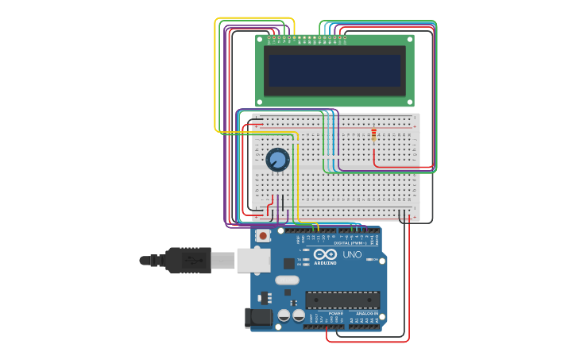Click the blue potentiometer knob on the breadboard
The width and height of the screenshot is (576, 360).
(x=277, y=160)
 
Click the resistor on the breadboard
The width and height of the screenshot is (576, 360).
(x=373, y=136)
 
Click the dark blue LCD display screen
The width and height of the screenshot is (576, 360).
(x=334, y=71)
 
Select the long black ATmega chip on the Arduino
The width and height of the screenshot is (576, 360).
(x=342, y=300)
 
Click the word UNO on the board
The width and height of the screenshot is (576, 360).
(x=352, y=255)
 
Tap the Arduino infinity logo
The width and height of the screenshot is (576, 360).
(x=325, y=254)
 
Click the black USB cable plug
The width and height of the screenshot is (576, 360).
(x=187, y=260)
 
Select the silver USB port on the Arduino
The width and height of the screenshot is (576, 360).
(x=253, y=260)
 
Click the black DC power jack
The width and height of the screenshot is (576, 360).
(x=259, y=318)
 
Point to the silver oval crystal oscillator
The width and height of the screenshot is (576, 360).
(x=287, y=280)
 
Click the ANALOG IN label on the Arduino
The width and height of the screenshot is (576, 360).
(x=365, y=314)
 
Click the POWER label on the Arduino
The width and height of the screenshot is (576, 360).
(x=335, y=314)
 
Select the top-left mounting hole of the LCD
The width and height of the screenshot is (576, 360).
(x=260, y=39)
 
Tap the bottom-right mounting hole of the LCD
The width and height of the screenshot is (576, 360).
(x=409, y=102)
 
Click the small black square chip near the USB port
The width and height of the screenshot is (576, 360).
(x=288, y=263)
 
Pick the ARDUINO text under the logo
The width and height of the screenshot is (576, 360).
(x=325, y=263)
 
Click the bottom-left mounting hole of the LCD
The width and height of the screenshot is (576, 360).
(x=260, y=102)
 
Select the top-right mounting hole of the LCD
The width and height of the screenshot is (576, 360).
(x=409, y=39)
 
